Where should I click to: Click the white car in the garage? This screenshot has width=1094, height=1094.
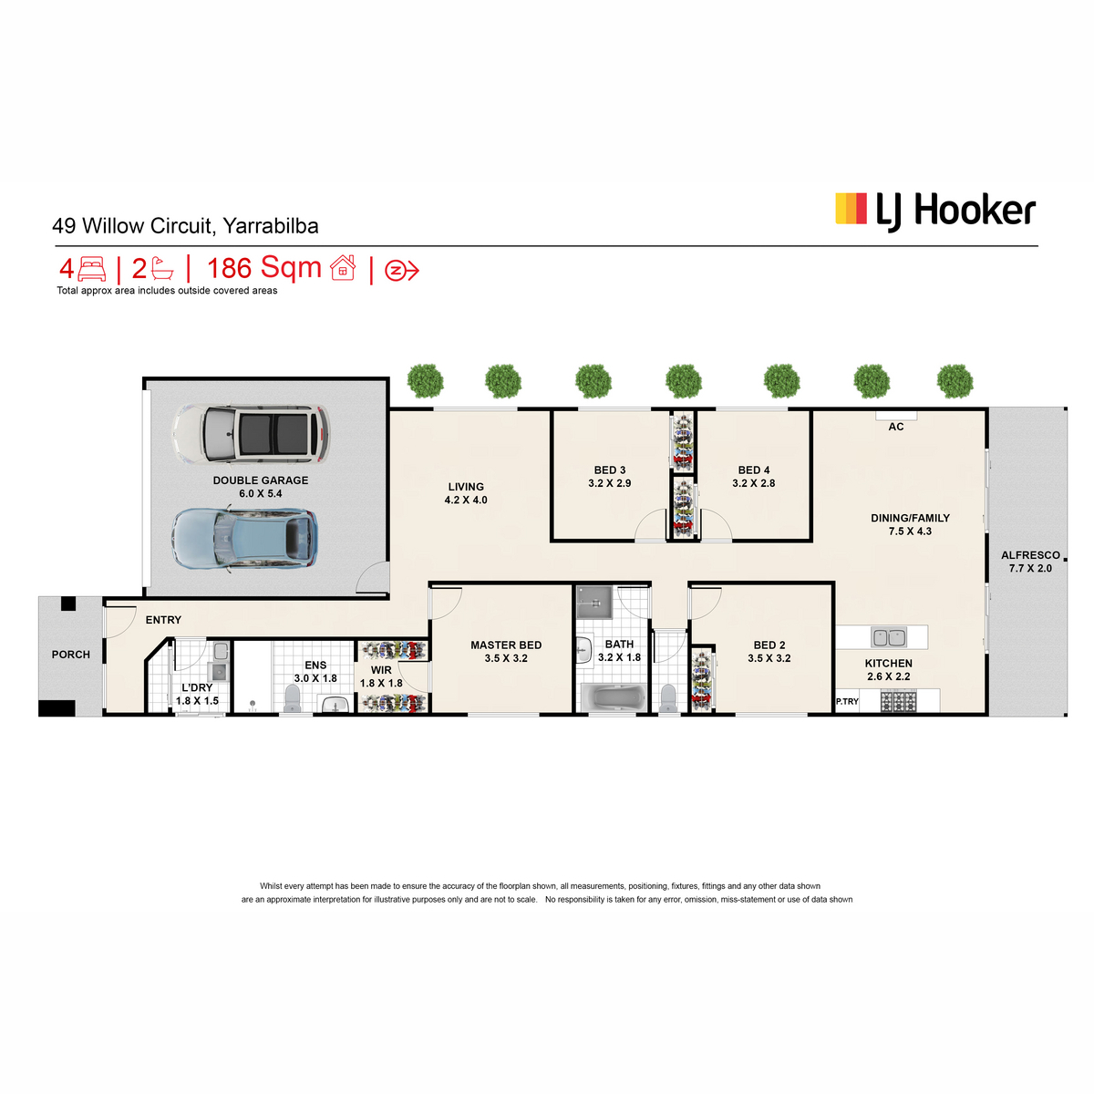[x=251, y=434]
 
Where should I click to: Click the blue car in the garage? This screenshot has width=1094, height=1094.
[x=244, y=539]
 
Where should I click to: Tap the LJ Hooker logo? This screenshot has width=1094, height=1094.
[x=935, y=212]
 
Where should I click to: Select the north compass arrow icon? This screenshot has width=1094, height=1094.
[x=401, y=271]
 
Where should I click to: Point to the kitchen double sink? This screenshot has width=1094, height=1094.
[x=889, y=637]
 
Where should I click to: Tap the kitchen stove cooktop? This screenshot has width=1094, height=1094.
[x=899, y=700]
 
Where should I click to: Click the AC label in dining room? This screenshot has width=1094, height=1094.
[x=896, y=427]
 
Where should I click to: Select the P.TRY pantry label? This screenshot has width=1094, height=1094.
[x=847, y=702]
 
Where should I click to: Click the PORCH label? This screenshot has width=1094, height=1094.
[x=71, y=655]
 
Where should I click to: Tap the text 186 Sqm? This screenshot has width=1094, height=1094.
[x=264, y=268]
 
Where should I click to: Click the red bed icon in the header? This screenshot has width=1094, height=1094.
[x=91, y=269]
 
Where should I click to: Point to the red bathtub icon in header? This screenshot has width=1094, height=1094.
[x=162, y=269]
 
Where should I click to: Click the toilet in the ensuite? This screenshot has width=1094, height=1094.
[x=292, y=698]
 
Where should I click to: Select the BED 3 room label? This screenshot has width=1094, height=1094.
[x=610, y=470]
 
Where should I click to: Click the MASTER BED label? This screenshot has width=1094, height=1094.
[x=506, y=645]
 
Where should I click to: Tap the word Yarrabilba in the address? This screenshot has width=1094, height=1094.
[x=270, y=226]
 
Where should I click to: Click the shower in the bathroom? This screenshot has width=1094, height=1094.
[x=594, y=602]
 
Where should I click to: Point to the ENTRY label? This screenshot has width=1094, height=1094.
[x=163, y=620]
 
